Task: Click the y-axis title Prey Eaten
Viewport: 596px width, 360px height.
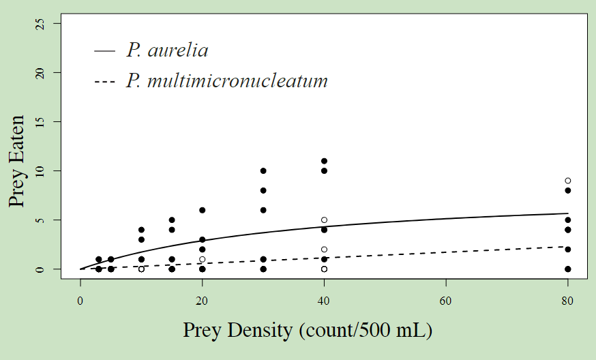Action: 19,161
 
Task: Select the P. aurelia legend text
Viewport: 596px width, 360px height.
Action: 167,50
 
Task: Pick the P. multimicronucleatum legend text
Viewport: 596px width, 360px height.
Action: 226,81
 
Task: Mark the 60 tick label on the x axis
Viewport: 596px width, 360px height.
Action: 446,299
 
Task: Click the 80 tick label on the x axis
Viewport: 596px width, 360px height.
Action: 567,299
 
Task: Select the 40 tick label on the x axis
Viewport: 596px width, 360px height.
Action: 324,299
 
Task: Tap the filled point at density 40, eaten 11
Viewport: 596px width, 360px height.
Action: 324,161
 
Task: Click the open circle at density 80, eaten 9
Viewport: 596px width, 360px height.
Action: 567,181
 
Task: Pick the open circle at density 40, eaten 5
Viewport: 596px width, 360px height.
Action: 324,220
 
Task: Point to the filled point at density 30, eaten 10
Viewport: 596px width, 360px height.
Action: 263,170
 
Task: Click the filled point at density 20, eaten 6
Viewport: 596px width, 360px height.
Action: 202,210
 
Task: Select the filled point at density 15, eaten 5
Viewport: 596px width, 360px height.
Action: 172,220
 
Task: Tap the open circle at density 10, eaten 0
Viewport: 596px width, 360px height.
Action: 141,269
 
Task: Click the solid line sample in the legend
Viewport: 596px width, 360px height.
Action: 104,51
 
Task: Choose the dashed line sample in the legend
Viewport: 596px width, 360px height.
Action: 104,82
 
